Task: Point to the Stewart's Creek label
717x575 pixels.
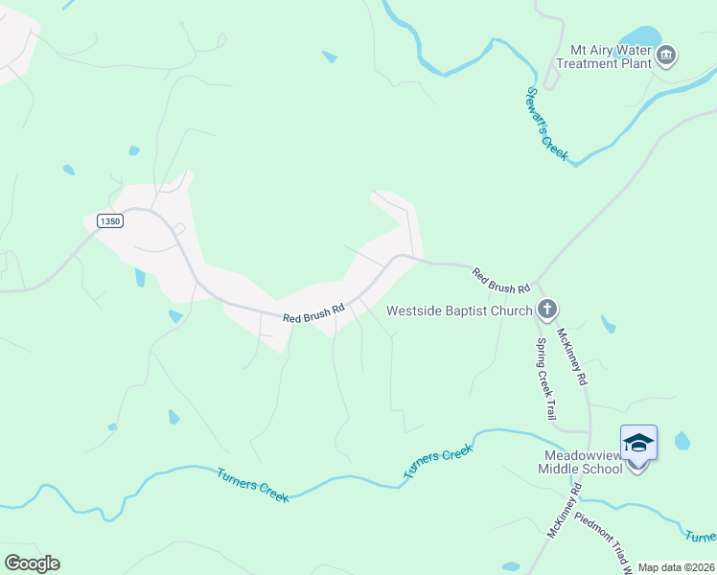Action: pyautogui.click(x=547, y=124)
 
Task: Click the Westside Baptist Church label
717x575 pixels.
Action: pyautogui.click(x=459, y=310)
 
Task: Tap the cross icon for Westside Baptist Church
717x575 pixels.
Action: pyautogui.click(x=547, y=310)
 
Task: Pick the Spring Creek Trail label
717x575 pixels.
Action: pyautogui.click(x=547, y=379)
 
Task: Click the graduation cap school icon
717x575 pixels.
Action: pyautogui.click(x=638, y=443)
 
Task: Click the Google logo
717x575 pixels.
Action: pyautogui.click(x=32, y=563)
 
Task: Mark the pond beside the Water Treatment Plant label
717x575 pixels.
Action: pyautogui.click(x=644, y=36)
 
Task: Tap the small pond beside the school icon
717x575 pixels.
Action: pyautogui.click(x=682, y=441)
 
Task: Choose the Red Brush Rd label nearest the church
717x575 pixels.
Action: pyautogui.click(x=501, y=281)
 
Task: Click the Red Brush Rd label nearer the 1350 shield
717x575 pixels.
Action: pyautogui.click(x=312, y=313)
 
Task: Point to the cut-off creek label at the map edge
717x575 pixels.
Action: pyautogui.click(x=701, y=534)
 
